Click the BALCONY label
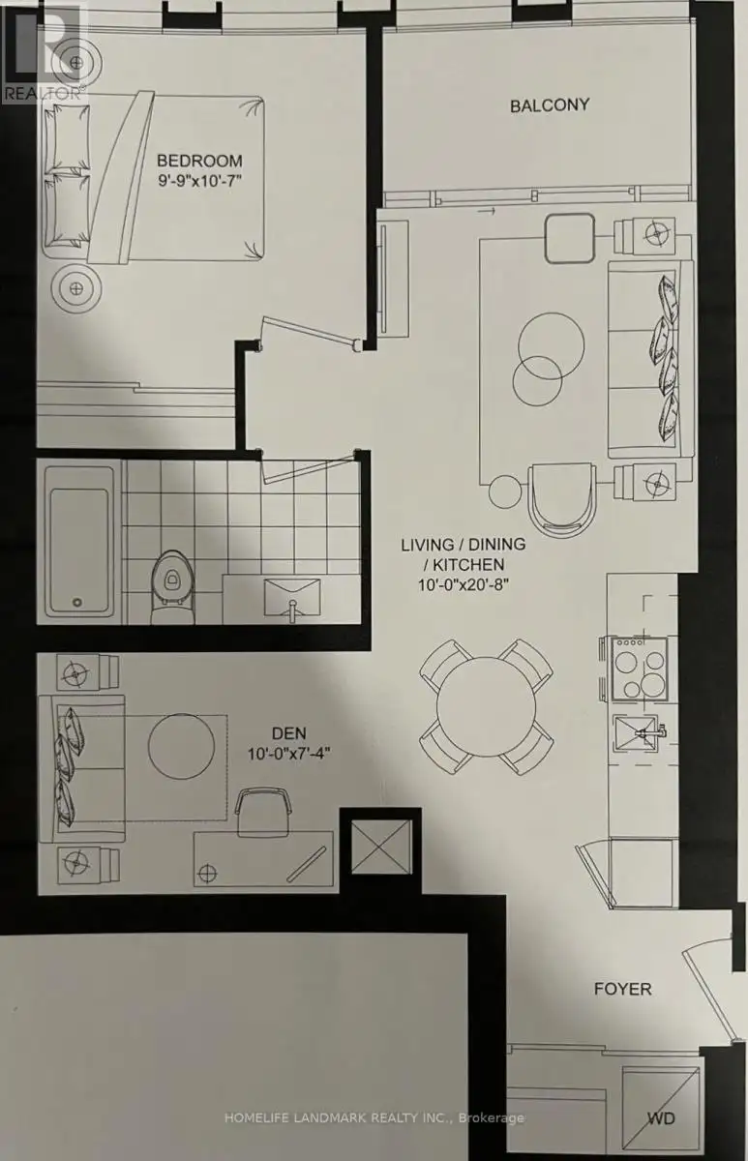pos(550,105)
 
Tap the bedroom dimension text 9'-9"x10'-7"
pos(200,181)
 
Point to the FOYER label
pos(622,989)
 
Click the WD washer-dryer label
pos(662,1118)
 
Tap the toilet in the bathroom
pos(172,586)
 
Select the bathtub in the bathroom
pos(79,542)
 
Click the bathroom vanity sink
pos(292,599)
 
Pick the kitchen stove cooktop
pos(639,670)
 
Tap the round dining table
pos(486,706)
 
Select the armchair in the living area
pos(562,498)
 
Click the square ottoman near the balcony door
pos(569,238)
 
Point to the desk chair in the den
pos(263,812)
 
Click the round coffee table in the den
pos(181,746)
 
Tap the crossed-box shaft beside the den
pos(381,847)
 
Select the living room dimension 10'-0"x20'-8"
pos(464,584)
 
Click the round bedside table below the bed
pos(76,288)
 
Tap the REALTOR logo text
pos(43,93)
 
